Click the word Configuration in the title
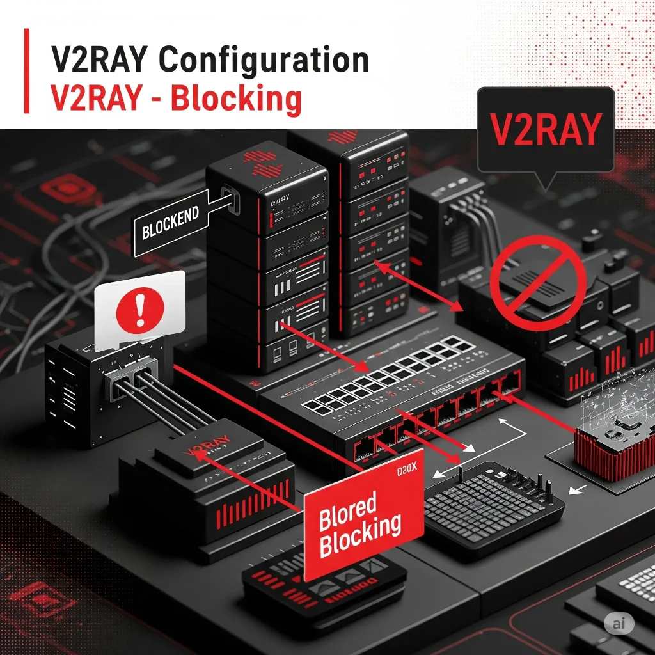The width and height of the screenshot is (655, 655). coord(264,61)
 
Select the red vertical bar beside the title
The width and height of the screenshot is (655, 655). coord(26,71)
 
